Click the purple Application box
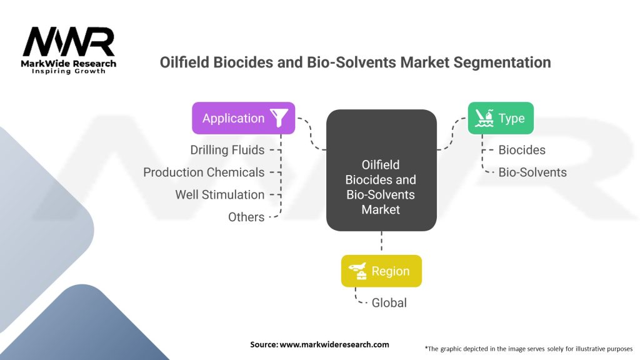click(243, 118)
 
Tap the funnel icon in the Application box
click(279, 117)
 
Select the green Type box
click(501, 118)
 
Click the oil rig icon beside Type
click(484, 118)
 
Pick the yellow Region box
click(381, 271)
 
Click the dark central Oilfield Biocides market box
click(381, 170)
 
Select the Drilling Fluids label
click(227, 150)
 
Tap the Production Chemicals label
click(204, 172)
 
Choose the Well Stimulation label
click(219, 195)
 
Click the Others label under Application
click(246, 217)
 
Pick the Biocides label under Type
click(522, 150)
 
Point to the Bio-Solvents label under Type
click(532, 172)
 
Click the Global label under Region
click(389, 303)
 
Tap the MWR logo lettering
click(69, 42)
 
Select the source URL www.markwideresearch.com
click(334, 344)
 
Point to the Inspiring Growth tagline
click(69, 71)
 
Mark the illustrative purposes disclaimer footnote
click(529, 349)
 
